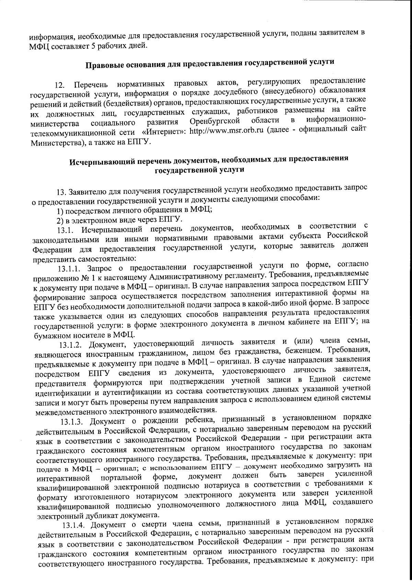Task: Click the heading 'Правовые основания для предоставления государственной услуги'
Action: coord(209,64)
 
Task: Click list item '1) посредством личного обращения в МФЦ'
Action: coord(134,211)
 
